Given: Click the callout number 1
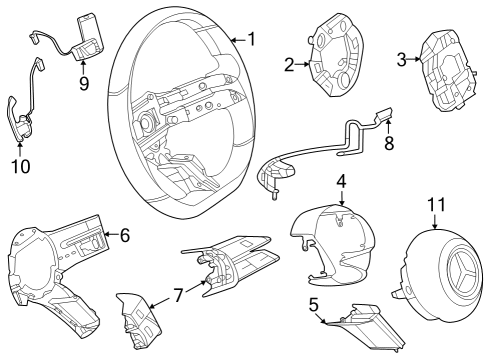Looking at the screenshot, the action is point(252,39).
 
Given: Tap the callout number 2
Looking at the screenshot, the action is point(289,65).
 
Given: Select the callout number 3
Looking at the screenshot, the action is point(402,60).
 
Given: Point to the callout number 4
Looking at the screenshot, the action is point(341,182).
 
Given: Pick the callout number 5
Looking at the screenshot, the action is point(314,305).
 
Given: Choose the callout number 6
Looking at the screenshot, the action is point(125,235).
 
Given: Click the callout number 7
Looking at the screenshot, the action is point(178,295).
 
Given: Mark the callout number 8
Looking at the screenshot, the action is point(389,143).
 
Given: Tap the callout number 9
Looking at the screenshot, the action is point(84,83).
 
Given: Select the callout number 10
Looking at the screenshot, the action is point(21,166).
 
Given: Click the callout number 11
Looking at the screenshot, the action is point(436,204).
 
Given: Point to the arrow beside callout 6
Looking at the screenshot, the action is point(111,234).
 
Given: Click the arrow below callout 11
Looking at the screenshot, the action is point(435,221).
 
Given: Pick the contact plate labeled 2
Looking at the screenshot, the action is point(336,55).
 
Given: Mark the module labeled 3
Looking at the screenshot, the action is point(448,71).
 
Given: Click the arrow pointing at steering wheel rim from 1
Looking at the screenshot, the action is point(239,40).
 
